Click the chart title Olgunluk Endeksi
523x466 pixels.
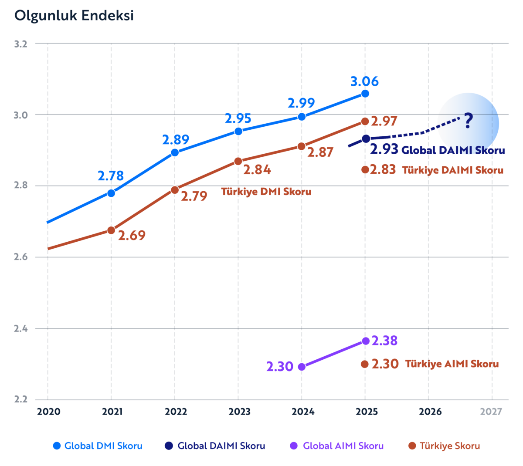[74, 16]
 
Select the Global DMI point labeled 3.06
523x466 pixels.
[365, 94]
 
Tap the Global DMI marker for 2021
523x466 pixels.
[111, 193]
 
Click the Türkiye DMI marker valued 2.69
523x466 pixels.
[111, 230]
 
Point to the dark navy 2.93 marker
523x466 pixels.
[366, 138]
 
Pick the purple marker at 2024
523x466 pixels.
[302, 367]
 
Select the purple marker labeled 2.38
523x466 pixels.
[366, 341]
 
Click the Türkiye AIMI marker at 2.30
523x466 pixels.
[365, 364]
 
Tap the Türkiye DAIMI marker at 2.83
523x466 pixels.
[365, 169]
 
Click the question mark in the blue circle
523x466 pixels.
[468, 121]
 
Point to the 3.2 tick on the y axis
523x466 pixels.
[20, 44]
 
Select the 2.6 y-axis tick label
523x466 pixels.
[20, 257]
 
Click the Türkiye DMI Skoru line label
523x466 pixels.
[266, 192]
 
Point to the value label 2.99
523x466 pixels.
[301, 103]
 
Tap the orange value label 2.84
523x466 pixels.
[257, 170]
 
